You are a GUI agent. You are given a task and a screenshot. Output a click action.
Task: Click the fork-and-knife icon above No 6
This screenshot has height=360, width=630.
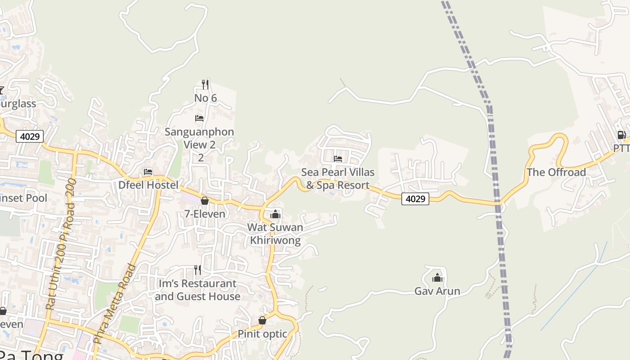205,84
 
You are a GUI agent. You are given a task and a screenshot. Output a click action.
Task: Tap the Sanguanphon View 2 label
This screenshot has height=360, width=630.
199,138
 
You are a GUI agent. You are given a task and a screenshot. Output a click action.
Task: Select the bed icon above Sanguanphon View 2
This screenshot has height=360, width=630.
199,118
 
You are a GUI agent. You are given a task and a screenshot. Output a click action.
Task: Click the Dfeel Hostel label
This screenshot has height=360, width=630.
148,185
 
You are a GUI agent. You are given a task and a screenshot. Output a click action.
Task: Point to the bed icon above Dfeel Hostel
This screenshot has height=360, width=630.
148,172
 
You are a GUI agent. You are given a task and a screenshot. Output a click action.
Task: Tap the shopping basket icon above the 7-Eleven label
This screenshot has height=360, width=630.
205,201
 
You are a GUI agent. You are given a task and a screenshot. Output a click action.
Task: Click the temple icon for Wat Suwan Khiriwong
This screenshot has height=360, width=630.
275,214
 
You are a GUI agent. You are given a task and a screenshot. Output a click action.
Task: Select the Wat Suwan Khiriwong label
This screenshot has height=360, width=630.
275,234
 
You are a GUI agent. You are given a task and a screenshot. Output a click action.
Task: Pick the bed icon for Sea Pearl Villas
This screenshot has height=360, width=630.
338,159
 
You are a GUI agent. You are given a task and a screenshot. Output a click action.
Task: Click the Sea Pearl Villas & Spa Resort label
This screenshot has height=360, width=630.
338,179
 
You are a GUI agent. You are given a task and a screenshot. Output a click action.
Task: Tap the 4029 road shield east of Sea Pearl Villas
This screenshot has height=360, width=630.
415,198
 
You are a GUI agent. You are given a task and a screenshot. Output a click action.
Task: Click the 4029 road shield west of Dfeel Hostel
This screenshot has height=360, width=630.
30,136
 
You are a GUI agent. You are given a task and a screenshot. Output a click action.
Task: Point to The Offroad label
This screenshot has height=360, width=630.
556,172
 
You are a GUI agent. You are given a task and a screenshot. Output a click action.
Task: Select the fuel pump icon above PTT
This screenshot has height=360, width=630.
621,135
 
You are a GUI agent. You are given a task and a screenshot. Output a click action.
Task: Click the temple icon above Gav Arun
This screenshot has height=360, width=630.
437,278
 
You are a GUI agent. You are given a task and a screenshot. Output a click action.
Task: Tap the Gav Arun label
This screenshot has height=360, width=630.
437,291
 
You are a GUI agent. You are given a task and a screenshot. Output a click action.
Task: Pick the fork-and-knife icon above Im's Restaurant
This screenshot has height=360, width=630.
198,270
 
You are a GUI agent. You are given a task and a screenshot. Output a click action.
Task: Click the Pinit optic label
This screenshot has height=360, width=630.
262,334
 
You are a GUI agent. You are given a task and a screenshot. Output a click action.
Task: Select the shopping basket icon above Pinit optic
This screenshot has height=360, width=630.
262,321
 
